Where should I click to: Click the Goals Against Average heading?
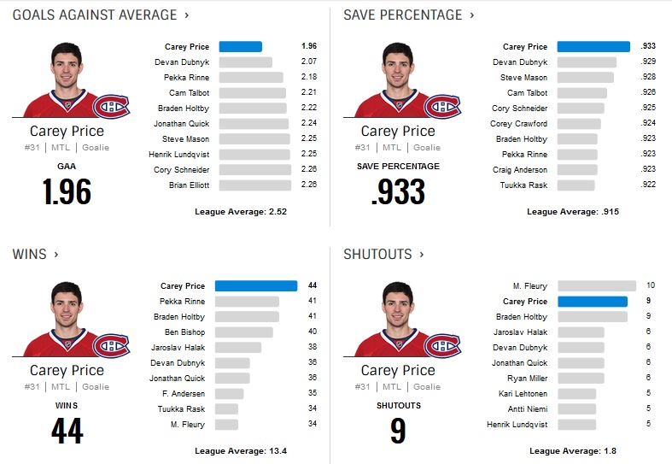[95, 15]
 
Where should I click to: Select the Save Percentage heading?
[402, 15]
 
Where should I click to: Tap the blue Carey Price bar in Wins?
[256, 286]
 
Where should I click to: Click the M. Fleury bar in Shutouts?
[596, 286]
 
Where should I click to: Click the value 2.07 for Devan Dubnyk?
[308, 62]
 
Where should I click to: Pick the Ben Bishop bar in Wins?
[244, 332]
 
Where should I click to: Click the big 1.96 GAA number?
[67, 191]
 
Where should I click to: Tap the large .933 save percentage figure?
[398, 191]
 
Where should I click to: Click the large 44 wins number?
[67, 430]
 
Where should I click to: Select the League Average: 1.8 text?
[571, 450]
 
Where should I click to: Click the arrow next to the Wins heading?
[56, 255]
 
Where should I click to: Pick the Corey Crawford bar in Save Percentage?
[579, 124]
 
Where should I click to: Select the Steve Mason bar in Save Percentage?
[586, 78]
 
